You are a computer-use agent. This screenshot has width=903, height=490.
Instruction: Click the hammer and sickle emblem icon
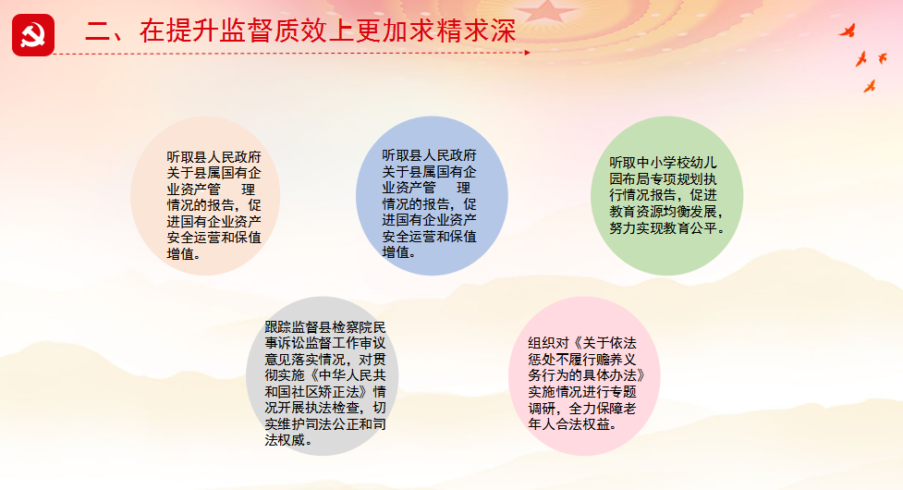pos(33,35)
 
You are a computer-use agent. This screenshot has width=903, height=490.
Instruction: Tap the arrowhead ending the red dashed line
pos(527,53)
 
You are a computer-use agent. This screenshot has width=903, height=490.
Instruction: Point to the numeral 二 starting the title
pos(98,31)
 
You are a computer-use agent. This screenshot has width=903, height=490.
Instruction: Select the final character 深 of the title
pos(504,31)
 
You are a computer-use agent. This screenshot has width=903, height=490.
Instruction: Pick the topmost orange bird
pos(848,31)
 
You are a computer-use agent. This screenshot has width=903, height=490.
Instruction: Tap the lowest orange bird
pos(870,86)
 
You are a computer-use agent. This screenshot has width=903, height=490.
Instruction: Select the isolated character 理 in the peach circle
pos(249,189)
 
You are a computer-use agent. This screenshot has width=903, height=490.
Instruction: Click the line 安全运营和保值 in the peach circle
pos(214,238)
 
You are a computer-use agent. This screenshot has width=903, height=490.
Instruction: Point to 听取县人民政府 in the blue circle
pos(430,155)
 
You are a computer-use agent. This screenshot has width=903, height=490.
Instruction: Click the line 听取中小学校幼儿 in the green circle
pos(663,163)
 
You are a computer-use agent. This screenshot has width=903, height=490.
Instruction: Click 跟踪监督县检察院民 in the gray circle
pos(325,327)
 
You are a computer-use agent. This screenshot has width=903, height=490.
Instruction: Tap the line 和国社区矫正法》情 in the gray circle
pos(325,392)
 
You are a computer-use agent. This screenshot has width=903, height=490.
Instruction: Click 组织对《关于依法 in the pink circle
pos(582,343)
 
